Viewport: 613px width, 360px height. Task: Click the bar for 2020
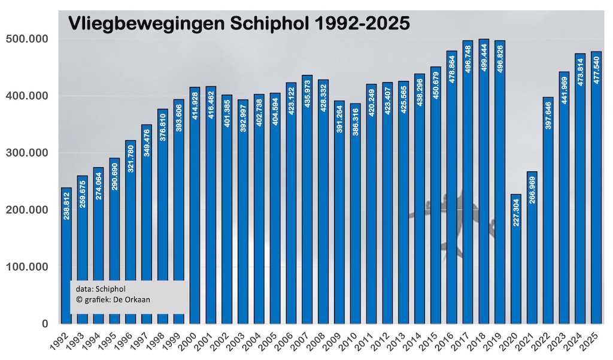point(515,259)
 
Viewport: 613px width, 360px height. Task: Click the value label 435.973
point(307,96)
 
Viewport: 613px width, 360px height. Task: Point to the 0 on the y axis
point(45,324)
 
